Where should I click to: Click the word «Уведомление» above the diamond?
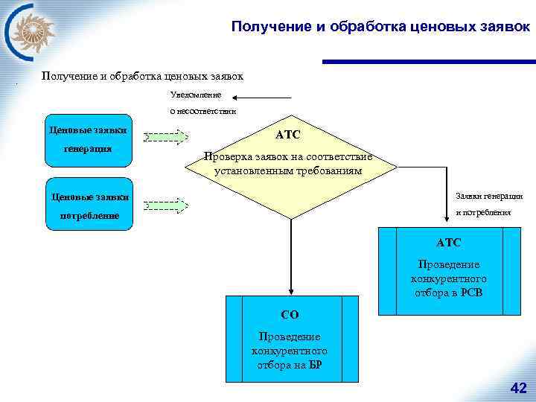point(196,96)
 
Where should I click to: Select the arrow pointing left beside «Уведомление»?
point(261,97)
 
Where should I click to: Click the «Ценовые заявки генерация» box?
point(89,138)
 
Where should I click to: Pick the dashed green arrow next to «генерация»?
point(167,136)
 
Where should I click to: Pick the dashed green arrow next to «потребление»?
point(167,203)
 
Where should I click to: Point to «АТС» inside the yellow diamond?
point(287,135)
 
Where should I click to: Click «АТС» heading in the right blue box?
point(449,243)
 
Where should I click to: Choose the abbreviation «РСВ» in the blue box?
point(470,292)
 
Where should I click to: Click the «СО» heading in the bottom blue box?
point(290,315)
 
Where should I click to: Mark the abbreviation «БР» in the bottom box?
point(315,365)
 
